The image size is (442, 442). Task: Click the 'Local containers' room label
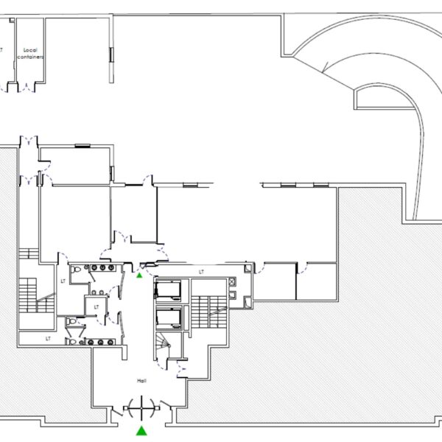click(x=30, y=53)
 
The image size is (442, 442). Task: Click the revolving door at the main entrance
click(x=140, y=406)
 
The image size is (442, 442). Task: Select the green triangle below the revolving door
click(x=140, y=429)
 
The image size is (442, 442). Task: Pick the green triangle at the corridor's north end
click(x=140, y=275)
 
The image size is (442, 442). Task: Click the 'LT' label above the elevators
click(x=200, y=272)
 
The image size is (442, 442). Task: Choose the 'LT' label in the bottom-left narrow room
click(x=48, y=339)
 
